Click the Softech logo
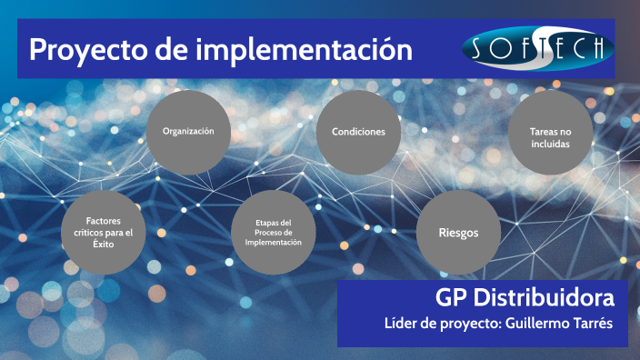(x=537, y=47)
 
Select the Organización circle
(x=188, y=132)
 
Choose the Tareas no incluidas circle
(x=549, y=137)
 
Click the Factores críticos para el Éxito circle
(x=103, y=233)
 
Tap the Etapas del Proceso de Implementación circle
(x=273, y=233)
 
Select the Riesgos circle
(x=459, y=233)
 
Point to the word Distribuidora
(x=545, y=296)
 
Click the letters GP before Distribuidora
(x=451, y=296)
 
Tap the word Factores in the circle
(x=103, y=221)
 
